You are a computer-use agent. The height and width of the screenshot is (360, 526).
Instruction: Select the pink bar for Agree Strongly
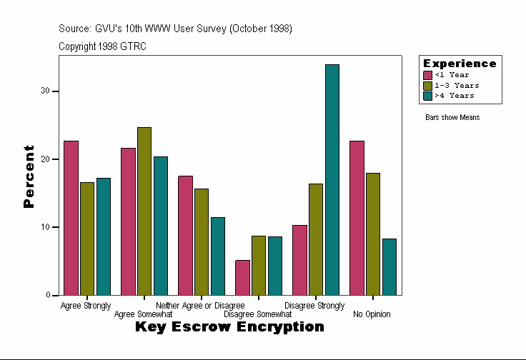tap(71, 218)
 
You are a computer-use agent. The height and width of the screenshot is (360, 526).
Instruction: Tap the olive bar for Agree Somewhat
tap(144, 211)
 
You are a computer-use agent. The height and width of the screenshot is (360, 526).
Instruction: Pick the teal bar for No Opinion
tap(389, 266)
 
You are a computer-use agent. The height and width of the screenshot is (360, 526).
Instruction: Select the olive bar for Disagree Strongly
tap(316, 239)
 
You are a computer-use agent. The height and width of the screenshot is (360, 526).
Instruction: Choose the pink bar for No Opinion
tap(357, 218)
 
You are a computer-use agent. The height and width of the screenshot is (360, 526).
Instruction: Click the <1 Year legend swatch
tap(428, 75)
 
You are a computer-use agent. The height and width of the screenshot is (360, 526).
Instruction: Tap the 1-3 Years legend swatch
tap(428, 85)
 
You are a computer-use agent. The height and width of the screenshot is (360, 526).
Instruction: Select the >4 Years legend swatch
tap(428, 95)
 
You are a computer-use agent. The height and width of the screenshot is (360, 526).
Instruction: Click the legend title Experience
tap(460, 64)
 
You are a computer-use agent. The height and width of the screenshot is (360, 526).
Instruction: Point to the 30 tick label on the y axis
tap(45, 91)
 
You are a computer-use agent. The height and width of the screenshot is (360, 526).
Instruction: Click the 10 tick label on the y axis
tap(45, 227)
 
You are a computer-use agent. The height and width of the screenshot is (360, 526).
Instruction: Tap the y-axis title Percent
tap(29, 176)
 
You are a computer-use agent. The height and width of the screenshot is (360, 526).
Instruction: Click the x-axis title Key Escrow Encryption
tap(229, 327)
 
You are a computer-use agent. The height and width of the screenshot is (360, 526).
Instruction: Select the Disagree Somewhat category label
tap(257, 314)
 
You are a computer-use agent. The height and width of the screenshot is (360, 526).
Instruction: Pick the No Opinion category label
tap(372, 314)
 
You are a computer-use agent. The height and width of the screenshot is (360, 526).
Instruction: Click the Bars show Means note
tap(452, 117)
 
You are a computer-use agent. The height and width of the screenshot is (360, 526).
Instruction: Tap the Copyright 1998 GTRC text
tap(103, 46)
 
